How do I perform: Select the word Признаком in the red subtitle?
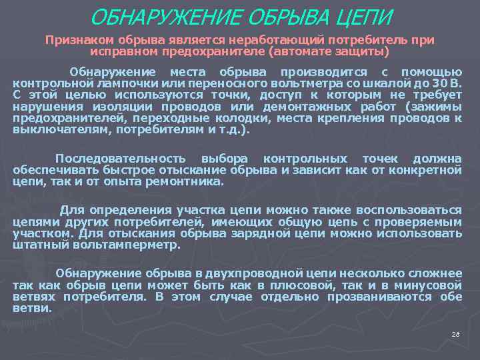pos(75,40)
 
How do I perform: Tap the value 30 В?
pos(446,84)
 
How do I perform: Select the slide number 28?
pos(456,334)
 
